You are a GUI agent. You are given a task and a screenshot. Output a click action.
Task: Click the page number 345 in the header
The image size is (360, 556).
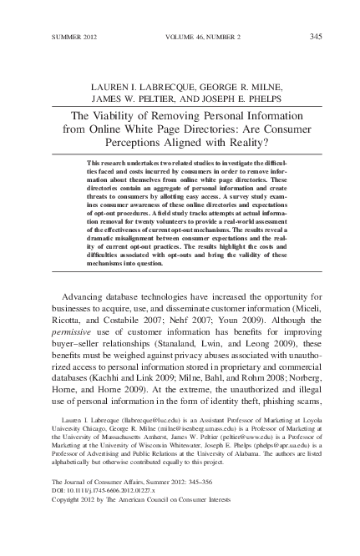[316, 36]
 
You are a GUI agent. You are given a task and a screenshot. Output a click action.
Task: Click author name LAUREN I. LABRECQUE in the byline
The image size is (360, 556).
[144, 84]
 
